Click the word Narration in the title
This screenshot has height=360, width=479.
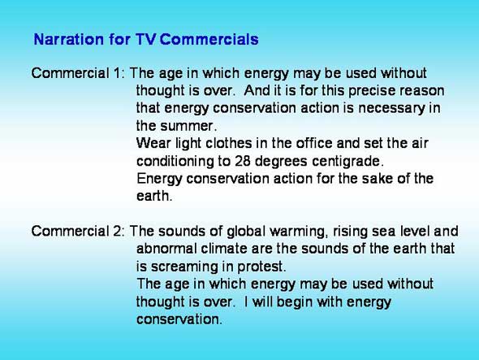pyautogui.click(x=69, y=40)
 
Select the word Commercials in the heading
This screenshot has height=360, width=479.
pyautogui.click(x=209, y=40)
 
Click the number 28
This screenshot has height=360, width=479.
pyautogui.click(x=243, y=161)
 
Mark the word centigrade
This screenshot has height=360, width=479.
pyautogui.click(x=347, y=162)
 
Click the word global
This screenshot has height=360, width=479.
pyautogui.click(x=246, y=232)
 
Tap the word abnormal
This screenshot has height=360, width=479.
pyautogui.click(x=166, y=249)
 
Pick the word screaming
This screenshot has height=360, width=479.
pyautogui.click(x=184, y=267)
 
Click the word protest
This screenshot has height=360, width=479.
pyautogui.click(x=261, y=267)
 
